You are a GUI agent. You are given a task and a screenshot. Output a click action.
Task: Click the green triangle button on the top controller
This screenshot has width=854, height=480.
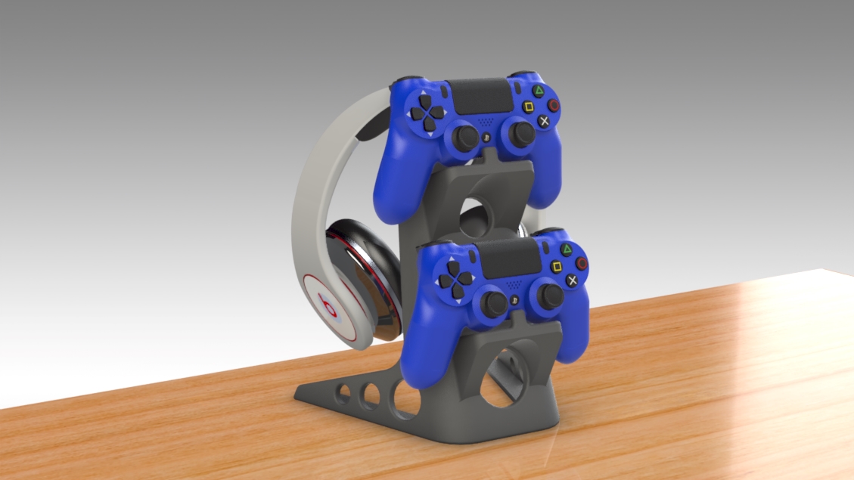(x=539, y=91)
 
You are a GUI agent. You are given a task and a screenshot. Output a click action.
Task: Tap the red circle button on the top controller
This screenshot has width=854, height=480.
(x=554, y=105)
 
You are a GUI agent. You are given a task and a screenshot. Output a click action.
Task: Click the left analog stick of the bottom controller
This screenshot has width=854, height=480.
(x=495, y=303)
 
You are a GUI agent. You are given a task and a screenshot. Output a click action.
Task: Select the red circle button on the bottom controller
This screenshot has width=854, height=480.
(x=582, y=263)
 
